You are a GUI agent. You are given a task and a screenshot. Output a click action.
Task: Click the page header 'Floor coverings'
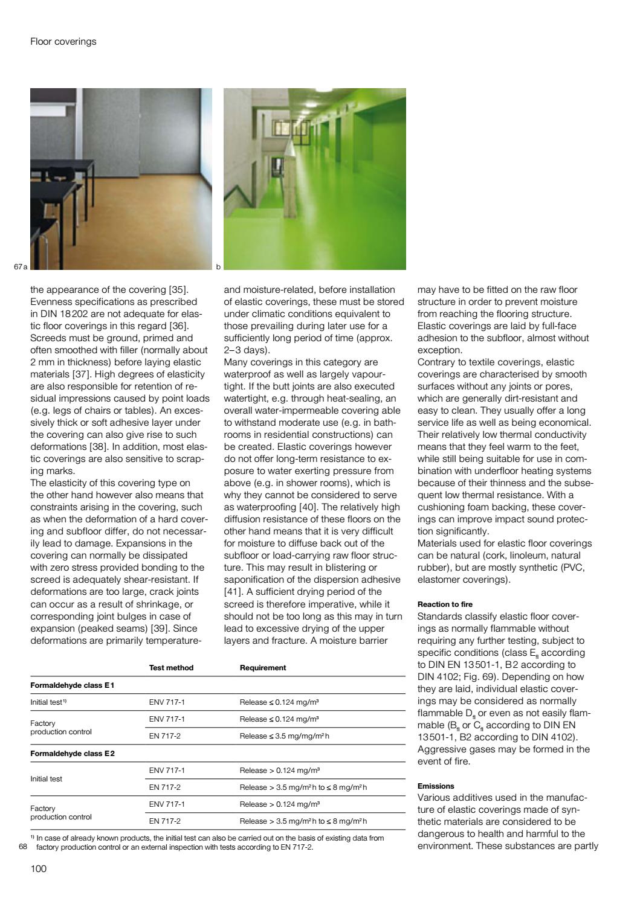tap(63, 42)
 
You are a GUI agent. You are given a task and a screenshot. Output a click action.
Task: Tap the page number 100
tap(39, 869)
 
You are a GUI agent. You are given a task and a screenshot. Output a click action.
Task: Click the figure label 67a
tap(21, 266)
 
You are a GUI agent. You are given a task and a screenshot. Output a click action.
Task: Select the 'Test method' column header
tap(171, 668)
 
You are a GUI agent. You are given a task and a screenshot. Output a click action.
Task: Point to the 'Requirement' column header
tap(262, 668)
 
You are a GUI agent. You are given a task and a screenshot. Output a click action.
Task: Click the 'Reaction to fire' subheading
tap(445, 604)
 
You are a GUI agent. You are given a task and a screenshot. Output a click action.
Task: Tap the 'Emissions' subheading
tap(436, 786)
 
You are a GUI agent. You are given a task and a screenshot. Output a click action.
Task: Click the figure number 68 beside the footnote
tap(24, 847)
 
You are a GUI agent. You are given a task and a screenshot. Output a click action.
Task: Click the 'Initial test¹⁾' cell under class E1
tap(48, 702)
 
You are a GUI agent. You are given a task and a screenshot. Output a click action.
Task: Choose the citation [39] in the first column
tap(160, 628)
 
